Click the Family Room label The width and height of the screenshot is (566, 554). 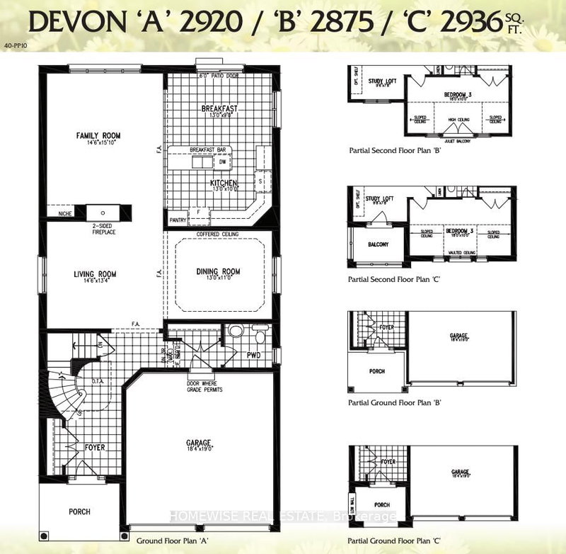[x=99, y=135]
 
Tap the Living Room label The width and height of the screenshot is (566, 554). [x=96, y=274]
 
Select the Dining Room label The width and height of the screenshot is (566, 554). [x=219, y=271]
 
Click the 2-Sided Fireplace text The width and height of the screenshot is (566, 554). [x=103, y=229]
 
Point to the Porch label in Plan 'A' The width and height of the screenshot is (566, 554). [x=79, y=511]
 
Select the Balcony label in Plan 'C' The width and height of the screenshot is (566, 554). [x=378, y=244]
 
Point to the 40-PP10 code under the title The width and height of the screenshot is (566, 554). [x=14, y=45]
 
